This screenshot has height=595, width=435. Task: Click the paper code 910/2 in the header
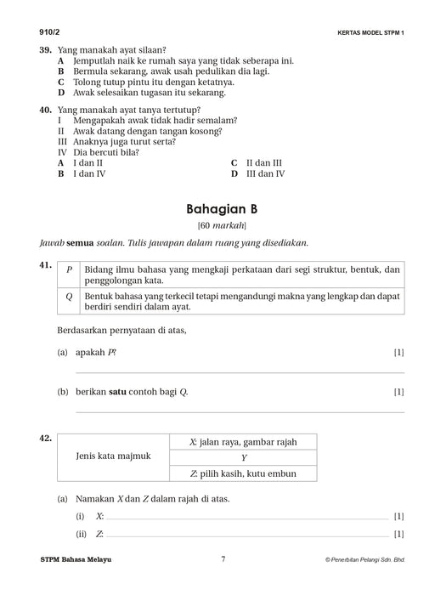[x=40, y=31]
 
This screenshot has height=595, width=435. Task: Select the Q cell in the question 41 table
[x=69, y=299]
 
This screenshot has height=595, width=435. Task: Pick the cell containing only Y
[x=243, y=457]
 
